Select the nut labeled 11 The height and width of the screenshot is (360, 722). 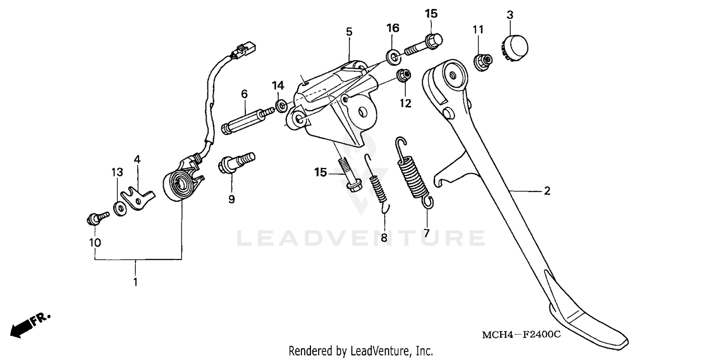[x=482, y=62]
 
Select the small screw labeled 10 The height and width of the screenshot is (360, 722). [x=96, y=218]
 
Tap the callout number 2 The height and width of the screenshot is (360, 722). [x=547, y=191]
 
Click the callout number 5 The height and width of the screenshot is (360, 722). [x=349, y=32]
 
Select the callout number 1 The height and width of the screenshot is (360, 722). [x=135, y=282]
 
